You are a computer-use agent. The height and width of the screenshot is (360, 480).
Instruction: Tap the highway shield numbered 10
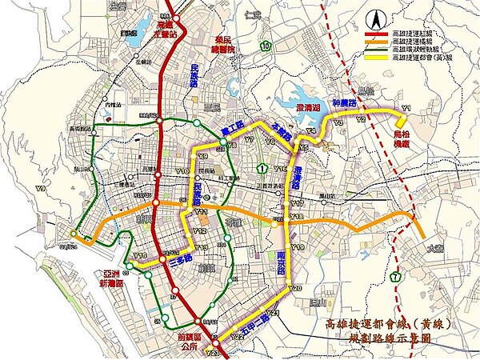click(264, 49)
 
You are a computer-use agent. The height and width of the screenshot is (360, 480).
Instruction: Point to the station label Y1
click(406, 107)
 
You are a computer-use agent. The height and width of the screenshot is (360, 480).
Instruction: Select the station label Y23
click(212, 352)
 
